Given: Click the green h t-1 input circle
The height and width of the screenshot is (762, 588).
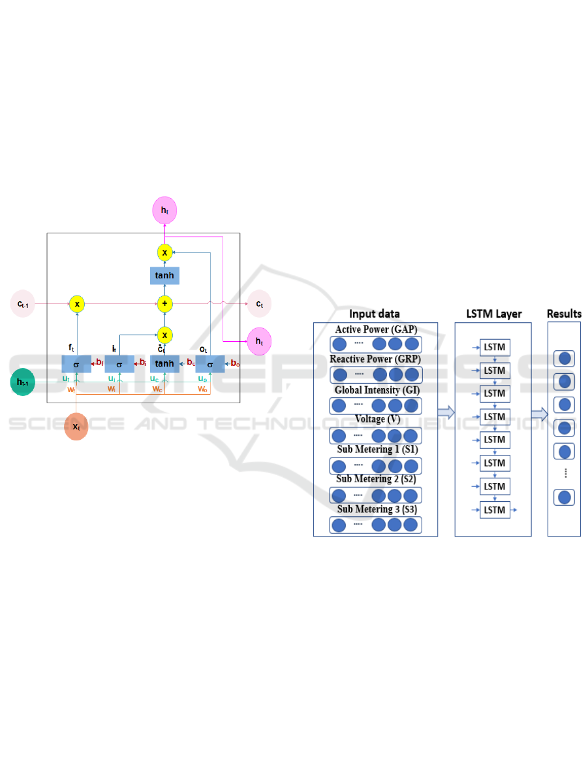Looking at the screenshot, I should pyautogui.click(x=24, y=382).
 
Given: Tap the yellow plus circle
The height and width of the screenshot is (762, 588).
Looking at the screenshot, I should pyautogui.click(x=165, y=303).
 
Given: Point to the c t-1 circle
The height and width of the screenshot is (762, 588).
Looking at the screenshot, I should pyautogui.click(x=23, y=303).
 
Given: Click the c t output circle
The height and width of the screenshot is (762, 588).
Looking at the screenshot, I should pyautogui.click(x=259, y=304).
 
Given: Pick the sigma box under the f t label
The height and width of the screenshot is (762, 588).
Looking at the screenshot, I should pyautogui.click(x=76, y=363).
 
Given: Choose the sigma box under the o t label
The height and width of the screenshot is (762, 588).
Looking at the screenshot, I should pyautogui.click(x=210, y=363).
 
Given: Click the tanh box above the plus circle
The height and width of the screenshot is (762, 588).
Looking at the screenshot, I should pyautogui.click(x=165, y=275).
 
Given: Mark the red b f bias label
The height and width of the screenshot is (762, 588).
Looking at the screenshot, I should pyautogui.click(x=99, y=363).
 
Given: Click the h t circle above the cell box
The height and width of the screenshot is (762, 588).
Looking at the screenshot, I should pyautogui.click(x=164, y=210).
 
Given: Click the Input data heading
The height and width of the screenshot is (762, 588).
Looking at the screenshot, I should pyautogui.click(x=375, y=314).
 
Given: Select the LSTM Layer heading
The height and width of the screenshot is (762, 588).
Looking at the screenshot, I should pyautogui.click(x=494, y=314).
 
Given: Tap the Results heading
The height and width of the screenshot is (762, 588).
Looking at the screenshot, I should pyautogui.click(x=564, y=314).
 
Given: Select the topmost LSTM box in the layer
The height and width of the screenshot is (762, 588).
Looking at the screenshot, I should pyautogui.click(x=495, y=346).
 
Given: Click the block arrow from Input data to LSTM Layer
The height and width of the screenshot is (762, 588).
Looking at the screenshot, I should pyautogui.click(x=446, y=412).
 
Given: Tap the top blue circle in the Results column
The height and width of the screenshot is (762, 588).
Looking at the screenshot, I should pyautogui.click(x=565, y=358).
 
